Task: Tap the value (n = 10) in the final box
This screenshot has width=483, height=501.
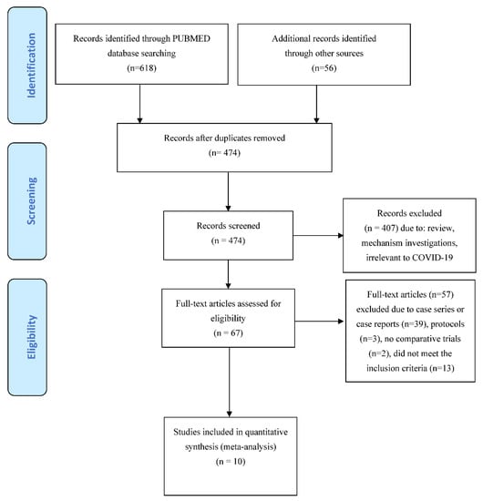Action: tap(228, 461)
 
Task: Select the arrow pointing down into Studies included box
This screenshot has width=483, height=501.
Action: tap(228, 393)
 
